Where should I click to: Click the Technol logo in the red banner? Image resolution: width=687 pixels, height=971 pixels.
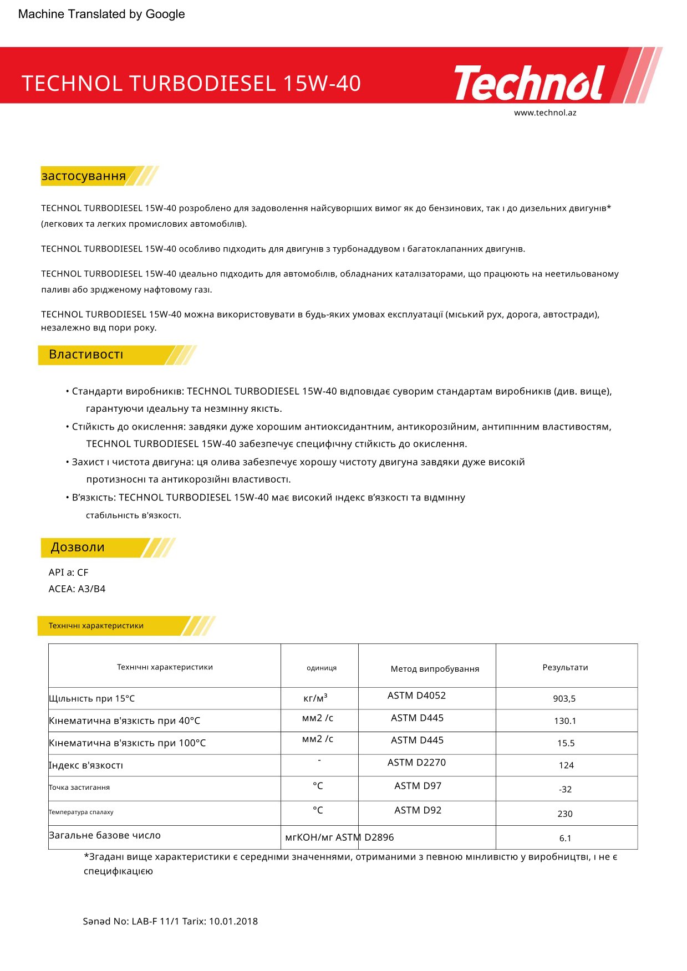pyautogui.click(x=530, y=83)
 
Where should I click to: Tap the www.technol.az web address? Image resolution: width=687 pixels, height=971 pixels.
pyautogui.click(x=544, y=113)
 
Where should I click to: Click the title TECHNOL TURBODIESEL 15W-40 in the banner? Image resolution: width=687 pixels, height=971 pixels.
pyautogui.click(x=191, y=84)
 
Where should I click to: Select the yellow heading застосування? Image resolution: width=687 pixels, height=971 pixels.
pyautogui.click(x=84, y=176)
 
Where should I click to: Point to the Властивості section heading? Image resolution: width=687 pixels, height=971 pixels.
pyautogui.click(x=86, y=355)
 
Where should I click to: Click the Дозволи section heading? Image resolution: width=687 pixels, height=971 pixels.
pyautogui.click(x=78, y=548)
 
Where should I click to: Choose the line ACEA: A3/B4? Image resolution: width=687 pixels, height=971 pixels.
pyautogui.click(x=77, y=589)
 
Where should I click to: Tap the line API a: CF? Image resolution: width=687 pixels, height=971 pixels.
pyautogui.click(x=68, y=573)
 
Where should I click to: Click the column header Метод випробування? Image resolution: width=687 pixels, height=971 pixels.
pyautogui.click(x=435, y=669)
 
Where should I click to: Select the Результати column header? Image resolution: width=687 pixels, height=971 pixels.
pyautogui.click(x=565, y=667)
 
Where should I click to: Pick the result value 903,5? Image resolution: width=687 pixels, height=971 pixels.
pyautogui.click(x=564, y=699)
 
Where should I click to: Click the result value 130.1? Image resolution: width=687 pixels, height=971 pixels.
pyautogui.click(x=565, y=721)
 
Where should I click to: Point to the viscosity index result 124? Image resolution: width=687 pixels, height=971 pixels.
pyautogui.click(x=566, y=765)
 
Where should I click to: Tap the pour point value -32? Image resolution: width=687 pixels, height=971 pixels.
pyautogui.click(x=565, y=789)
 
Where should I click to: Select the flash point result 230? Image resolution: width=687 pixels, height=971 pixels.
pyautogui.click(x=565, y=814)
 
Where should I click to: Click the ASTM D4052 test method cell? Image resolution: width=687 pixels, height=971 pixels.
pyautogui.click(x=416, y=696)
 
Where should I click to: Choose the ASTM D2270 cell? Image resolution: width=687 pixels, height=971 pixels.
pyautogui.click(x=416, y=763)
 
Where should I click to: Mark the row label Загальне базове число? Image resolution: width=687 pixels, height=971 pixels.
pyautogui.click(x=105, y=835)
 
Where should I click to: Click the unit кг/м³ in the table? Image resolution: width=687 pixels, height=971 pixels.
pyautogui.click(x=315, y=698)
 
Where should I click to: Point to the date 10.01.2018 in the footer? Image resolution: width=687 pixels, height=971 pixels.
pyautogui.click(x=233, y=922)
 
